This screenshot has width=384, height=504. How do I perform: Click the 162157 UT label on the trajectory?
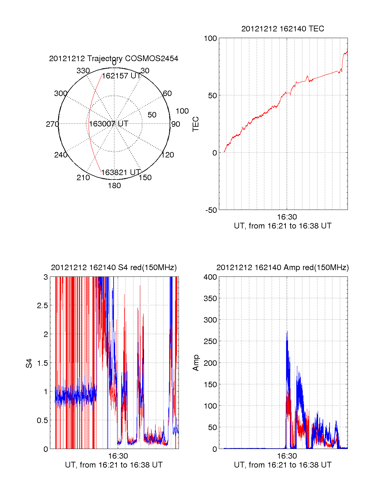[121, 76]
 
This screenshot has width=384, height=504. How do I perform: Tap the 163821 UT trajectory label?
[121, 172]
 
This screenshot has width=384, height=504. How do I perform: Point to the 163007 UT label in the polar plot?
[109, 124]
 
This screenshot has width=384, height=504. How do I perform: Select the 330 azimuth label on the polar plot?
[83, 71]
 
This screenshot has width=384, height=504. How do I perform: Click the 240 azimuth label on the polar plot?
[61, 155]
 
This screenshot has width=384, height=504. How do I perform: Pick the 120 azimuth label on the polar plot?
[168, 155]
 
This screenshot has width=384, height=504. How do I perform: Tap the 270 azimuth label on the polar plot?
[52, 124]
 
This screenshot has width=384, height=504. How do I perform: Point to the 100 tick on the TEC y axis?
[210, 39]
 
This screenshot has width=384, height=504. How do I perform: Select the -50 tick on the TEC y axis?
[211, 210]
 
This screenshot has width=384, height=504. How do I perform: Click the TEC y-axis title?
[196, 124]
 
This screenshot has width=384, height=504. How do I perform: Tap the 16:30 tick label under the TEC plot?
[287, 217]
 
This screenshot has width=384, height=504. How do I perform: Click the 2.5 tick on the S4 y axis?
[42, 306]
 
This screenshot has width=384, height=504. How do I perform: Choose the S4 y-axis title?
[29, 363]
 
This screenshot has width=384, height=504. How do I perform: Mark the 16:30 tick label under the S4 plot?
[118, 456]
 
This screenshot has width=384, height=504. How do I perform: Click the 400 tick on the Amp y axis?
[210, 277]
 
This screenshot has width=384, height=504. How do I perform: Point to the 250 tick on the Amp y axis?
[210, 341]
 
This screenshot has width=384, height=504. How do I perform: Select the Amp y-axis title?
[196, 363]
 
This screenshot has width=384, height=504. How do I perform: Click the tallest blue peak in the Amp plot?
[287, 332]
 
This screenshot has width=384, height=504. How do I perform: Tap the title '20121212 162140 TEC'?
[283, 29]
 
